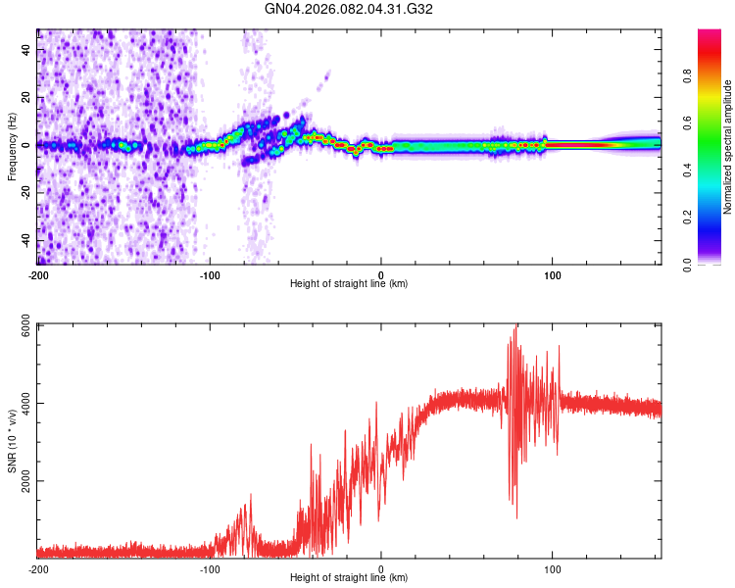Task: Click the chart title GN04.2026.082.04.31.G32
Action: pos(350,9)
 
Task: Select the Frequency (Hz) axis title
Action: pos(12,146)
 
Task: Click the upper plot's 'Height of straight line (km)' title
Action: pos(349,284)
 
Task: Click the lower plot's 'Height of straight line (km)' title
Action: pos(349,579)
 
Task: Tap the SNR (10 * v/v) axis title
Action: pos(12,440)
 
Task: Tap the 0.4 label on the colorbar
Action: pos(715,170)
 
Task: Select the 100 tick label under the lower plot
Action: pos(553,569)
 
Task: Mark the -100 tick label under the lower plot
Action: pos(210,569)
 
